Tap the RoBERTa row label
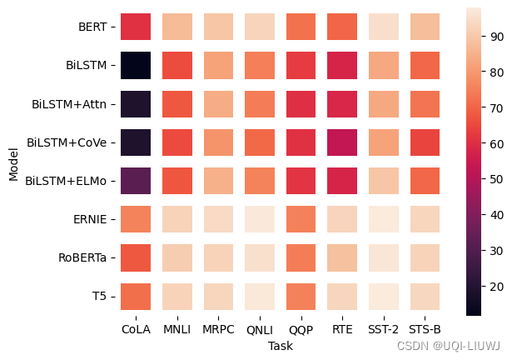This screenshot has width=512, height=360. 82,257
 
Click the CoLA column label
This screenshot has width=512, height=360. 136,329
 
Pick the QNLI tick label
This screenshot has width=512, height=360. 260,329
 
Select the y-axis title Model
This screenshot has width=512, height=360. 14,162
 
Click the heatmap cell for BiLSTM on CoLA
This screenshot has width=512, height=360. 136,65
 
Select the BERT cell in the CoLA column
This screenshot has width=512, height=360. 136,27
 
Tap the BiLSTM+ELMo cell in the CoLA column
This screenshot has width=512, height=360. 136,181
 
